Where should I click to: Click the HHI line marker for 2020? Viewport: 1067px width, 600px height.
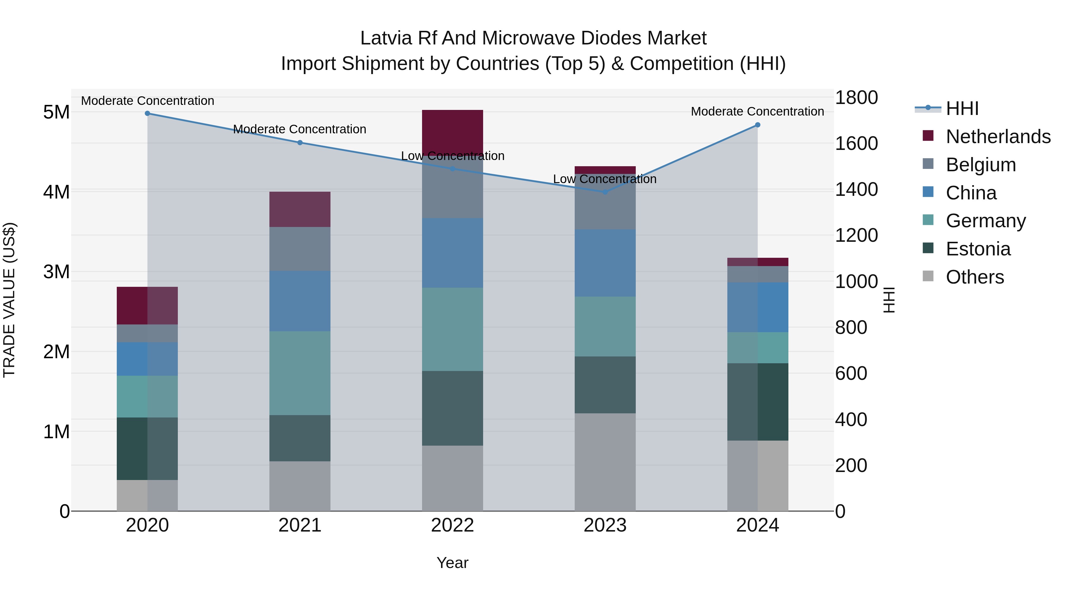pos(148,113)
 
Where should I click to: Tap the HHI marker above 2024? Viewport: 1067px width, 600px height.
pos(758,125)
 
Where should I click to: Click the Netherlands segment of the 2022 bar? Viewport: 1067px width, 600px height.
pos(452,132)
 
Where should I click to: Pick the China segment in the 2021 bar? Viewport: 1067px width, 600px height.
pos(300,301)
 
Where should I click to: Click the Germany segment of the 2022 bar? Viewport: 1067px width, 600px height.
pos(452,329)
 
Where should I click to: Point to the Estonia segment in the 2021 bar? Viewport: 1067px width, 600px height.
pos(300,438)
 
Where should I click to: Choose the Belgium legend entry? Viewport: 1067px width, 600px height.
pos(981,165)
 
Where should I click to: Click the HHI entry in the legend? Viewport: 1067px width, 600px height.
pos(962,108)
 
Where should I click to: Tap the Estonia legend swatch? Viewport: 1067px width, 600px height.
pos(928,249)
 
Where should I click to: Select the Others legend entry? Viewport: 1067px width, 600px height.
pos(975,277)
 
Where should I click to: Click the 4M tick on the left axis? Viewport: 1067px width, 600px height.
pos(56,192)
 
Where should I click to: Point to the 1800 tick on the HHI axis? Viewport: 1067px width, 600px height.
pos(856,98)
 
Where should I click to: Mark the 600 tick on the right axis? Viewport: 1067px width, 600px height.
pos(851,374)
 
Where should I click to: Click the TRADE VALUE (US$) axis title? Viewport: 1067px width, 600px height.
pos(9,300)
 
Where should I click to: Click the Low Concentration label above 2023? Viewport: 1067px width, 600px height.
pos(605,179)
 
